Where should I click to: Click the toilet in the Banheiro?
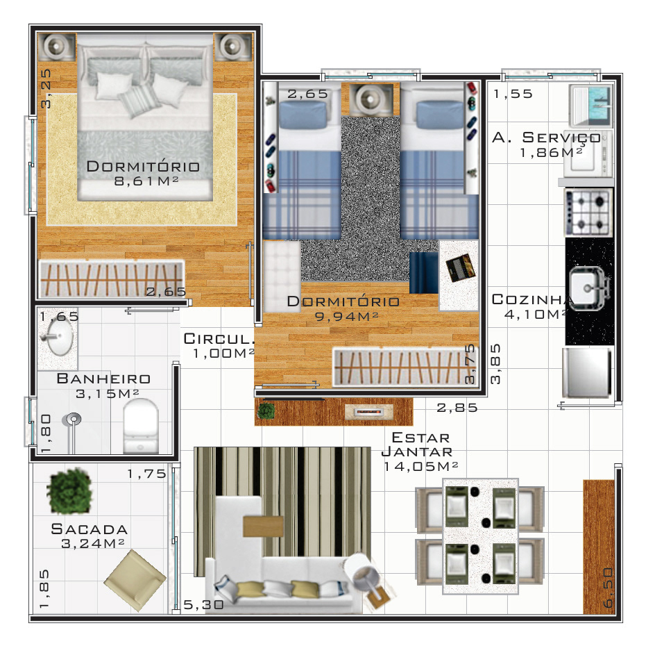point(141,426)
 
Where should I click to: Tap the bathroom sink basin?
point(60,337)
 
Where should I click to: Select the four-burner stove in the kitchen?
point(588,213)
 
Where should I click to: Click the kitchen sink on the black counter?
point(588,288)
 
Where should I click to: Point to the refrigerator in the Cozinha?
point(586,373)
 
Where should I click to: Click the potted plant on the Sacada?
point(69,491)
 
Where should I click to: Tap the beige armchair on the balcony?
point(135,579)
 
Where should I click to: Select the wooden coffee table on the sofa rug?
point(263,527)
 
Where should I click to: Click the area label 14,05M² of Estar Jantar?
point(420,466)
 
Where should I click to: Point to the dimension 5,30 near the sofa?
point(203,604)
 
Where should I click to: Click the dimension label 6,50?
point(608,588)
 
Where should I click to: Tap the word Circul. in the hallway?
point(219,338)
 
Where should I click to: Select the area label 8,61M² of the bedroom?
point(146,181)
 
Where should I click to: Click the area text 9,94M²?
point(346,316)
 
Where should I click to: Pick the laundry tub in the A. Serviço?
point(591,105)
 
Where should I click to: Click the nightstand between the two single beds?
point(367,99)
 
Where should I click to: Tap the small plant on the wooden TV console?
point(266,411)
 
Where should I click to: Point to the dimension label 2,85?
point(457,408)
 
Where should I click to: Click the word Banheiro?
point(103,379)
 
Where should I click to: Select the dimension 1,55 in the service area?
point(513,94)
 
